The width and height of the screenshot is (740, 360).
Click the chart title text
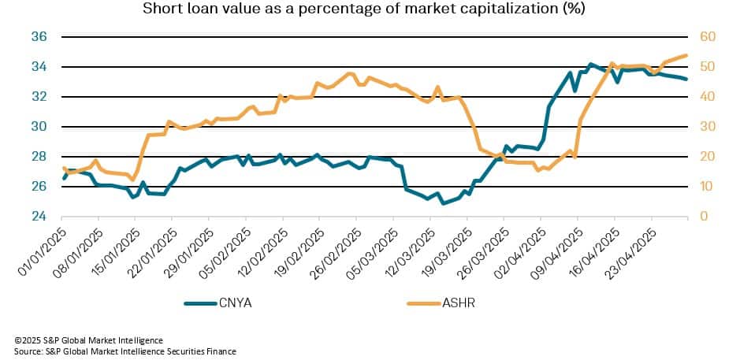pos(370,9)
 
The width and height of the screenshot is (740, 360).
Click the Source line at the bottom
pos(125,351)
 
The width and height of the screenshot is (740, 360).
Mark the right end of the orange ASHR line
pos(687,55)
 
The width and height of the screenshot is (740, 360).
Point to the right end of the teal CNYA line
pos(687,80)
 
